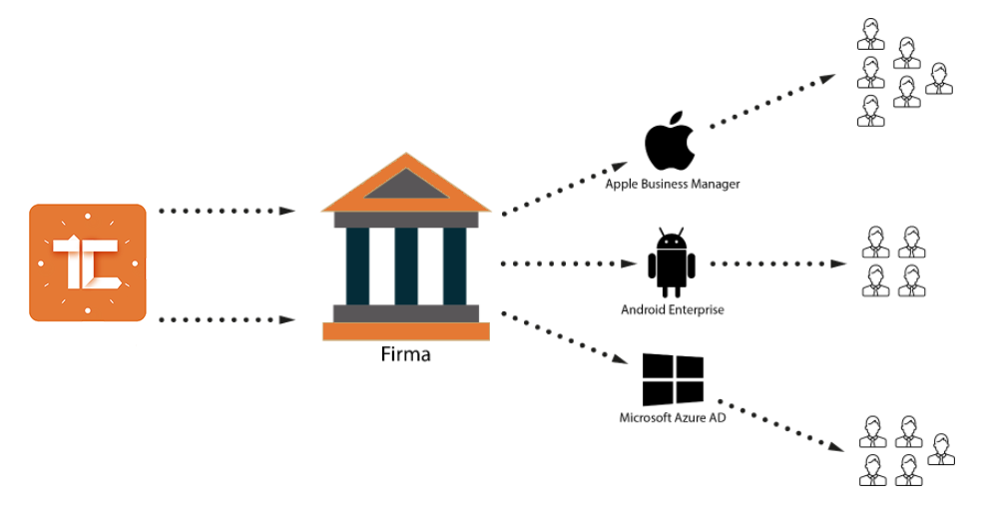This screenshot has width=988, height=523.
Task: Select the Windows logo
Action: tap(673, 379)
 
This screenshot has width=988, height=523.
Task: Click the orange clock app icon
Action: tap(88, 262)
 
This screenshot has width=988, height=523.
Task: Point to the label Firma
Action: tap(405, 354)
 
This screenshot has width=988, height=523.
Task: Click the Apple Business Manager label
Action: tap(673, 185)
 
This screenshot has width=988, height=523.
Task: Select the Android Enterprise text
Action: tap(672, 309)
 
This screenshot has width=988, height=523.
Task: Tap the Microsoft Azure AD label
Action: tap(672, 416)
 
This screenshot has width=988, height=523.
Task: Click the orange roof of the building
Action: tap(405, 184)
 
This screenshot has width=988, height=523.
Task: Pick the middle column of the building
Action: tap(405, 265)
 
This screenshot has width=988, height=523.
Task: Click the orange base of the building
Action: tap(405, 331)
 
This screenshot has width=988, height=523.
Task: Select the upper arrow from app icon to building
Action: tap(227, 212)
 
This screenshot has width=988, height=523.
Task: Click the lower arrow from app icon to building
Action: tap(227, 319)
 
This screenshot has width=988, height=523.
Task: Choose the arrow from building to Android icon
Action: tap(568, 263)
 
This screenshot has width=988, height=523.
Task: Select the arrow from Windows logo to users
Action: tap(781, 427)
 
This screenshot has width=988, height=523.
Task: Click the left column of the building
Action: tap(357, 265)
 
